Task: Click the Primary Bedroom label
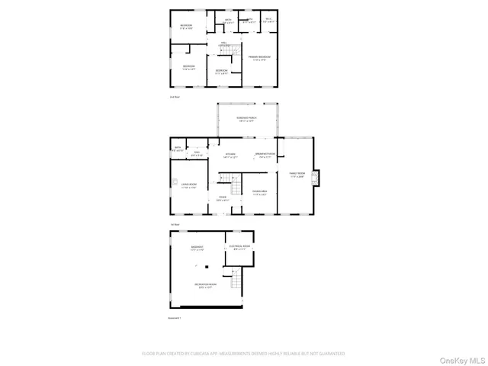click(259, 58)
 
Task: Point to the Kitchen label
click(230, 156)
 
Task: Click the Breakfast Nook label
click(265, 156)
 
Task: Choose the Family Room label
click(296, 175)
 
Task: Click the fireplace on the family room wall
click(320, 177)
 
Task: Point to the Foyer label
click(223, 199)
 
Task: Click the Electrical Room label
click(238, 247)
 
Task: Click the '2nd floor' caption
click(174, 97)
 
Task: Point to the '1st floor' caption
click(175, 224)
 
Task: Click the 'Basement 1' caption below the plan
click(175, 316)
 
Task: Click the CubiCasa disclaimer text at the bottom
click(243, 354)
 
